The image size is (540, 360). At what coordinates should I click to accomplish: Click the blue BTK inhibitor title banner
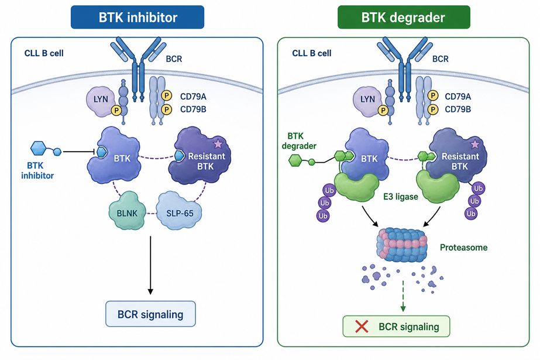point(137,17)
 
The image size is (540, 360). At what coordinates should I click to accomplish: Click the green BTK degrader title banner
point(404,17)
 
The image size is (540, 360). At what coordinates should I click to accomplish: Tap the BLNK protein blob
point(127,211)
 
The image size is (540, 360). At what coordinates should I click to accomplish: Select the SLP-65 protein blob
point(179,211)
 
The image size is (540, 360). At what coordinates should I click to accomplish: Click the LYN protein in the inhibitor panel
point(100,101)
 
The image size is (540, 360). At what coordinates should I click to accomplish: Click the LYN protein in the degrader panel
point(367,101)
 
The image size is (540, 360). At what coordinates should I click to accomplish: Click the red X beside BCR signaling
point(362,326)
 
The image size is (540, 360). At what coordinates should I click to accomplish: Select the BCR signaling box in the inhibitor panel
point(150,314)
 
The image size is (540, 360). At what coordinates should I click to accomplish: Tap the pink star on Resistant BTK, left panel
point(218,143)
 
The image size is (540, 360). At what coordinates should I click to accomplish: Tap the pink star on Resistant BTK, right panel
point(475,144)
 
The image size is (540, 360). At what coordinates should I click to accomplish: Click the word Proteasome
point(463,248)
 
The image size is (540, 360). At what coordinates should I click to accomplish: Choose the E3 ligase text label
point(401,197)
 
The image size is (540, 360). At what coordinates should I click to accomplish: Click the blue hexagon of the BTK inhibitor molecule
point(38,149)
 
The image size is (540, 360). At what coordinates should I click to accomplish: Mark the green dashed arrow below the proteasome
point(403,296)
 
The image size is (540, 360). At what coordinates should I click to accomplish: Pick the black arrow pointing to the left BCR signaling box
point(150,265)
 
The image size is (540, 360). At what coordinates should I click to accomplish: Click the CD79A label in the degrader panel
point(458,97)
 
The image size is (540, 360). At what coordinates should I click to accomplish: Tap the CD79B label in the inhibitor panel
point(193,109)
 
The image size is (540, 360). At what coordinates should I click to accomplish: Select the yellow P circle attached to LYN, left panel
point(116,111)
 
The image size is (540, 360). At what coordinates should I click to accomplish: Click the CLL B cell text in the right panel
point(312,53)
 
